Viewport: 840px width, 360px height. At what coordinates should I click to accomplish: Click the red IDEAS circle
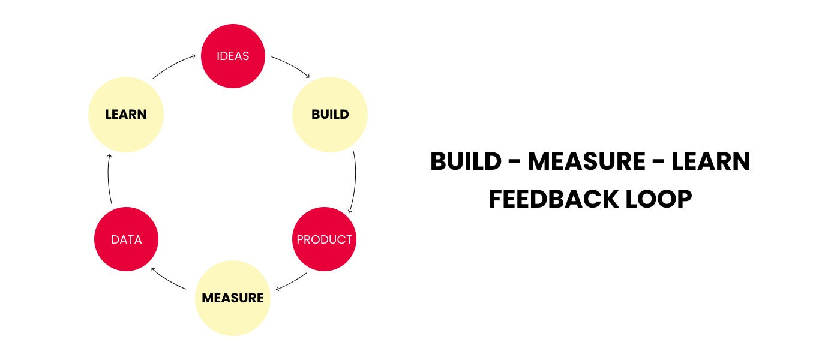pyautogui.click(x=233, y=56)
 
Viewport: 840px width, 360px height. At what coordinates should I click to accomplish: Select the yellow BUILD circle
pyautogui.click(x=330, y=115)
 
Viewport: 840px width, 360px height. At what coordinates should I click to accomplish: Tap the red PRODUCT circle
pyautogui.click(x=325, y=239)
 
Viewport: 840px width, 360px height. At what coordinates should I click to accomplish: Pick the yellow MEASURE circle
pyautogui.click(x=233, y=298)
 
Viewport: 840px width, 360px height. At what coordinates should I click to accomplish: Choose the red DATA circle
pyautogui.click(x=127, y=239)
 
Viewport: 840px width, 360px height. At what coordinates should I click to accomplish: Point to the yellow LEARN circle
pyautogui.click(x=126, y=115)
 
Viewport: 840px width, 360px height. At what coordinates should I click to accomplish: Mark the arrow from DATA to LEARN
pyautogui.click(x=109, y=178)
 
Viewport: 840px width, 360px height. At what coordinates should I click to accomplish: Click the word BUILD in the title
pyautogui.click(x=466, y=161)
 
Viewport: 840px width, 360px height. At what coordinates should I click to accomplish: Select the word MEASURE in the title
pyautogui.click(x=587, y=161)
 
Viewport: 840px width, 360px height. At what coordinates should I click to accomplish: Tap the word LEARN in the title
pyautogui.click(x=710, y=161)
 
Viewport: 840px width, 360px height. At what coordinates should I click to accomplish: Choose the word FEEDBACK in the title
pyautogui.click(x=553, y=199)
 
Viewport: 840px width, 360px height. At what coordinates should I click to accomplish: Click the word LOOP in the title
pyautogui.click(x=659, y=199)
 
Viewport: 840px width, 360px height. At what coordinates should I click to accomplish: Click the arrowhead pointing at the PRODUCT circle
pyautogui.click(x=350, y=211)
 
